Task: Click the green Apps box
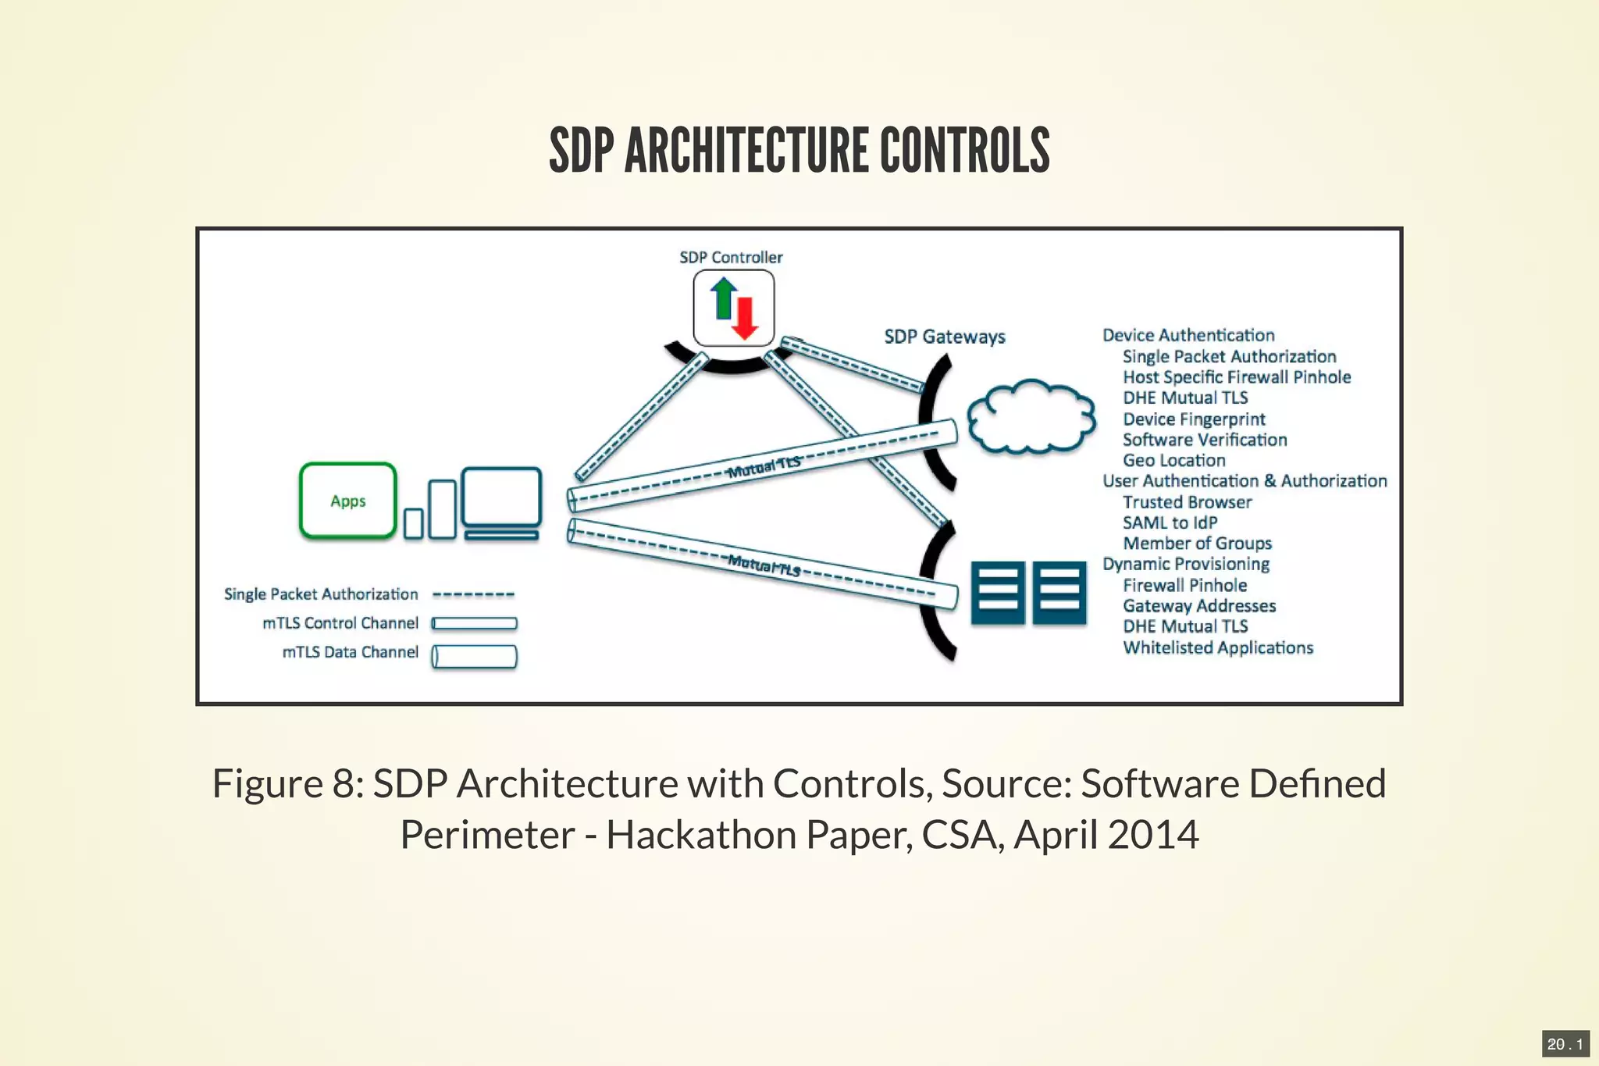click(x=347, y=501)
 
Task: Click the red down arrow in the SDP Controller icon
click(x=745, y=319)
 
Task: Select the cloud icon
click(x=1031, y=417)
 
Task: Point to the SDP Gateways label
click(x=944, y=337)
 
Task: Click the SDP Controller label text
click(x=730, y=257)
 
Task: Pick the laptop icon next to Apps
click(x=501, y=502)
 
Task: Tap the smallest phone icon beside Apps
click(x=413, y=523)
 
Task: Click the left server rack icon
click(x=997, y=593)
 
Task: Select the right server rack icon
click(x=1059, y=593)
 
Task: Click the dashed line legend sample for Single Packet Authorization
click(x=473, y=595)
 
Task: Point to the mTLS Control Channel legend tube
click(x=474, y=623)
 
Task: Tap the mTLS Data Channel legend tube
click(x=474, y=656)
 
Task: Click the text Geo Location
click(x=1173, y=461)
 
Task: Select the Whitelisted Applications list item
click(x=1217, y=647)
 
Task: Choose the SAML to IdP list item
click(x=1170, y=522)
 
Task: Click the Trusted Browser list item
click(x=1187, y=502)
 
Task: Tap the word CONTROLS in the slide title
click(x=964, y=151)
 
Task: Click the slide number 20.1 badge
click(x=1565, y=1044)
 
